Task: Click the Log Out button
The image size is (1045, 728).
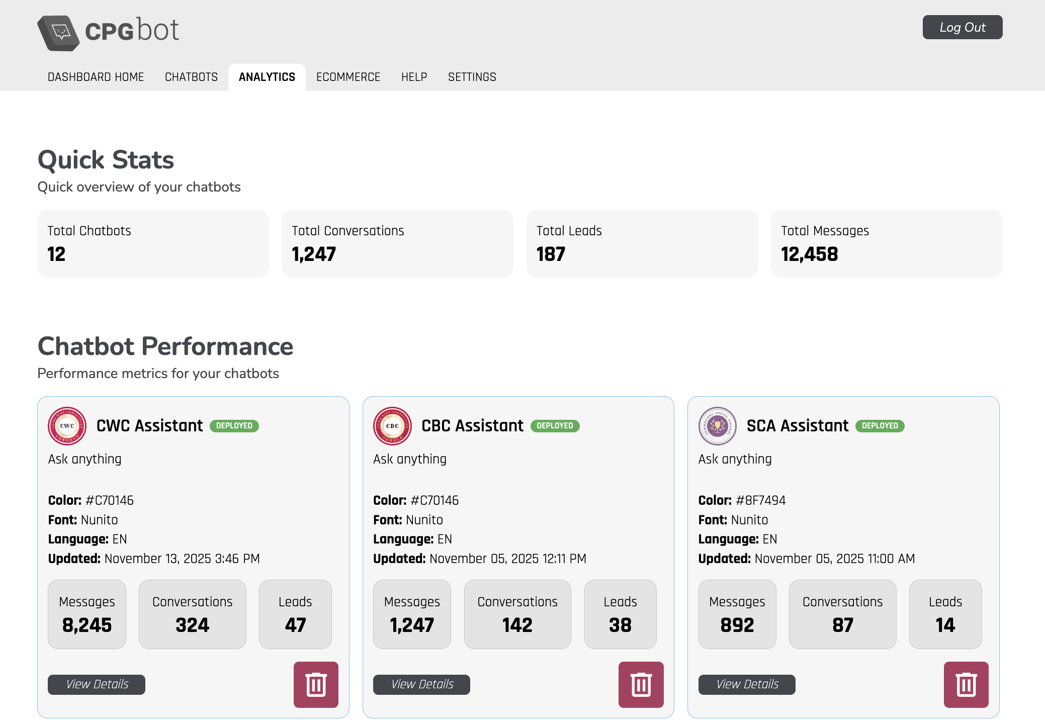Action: point(962,27)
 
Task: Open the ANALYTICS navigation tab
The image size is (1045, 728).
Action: point(267,77)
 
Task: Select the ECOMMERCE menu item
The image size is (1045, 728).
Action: point(348,77)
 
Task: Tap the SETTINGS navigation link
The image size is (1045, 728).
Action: point(472,77)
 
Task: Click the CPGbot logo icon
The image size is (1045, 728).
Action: point(58,33)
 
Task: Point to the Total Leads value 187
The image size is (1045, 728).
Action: point(551,254)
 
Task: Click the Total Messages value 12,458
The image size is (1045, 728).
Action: point(809,254)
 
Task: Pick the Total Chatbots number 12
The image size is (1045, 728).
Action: point(56,254)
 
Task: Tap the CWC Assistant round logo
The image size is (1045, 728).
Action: point(67,426)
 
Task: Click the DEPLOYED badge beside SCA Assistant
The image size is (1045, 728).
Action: point(880,426)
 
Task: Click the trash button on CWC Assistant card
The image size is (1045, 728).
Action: point(316,684)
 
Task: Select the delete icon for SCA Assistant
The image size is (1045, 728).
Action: point(966,684)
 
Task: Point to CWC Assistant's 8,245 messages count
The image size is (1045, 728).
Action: point(87,625)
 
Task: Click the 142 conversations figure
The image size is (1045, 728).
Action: point(517,625)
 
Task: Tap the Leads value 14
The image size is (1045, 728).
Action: point(945,625)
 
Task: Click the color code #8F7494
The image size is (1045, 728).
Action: point(760,500)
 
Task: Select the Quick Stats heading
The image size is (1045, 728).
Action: point(106,160)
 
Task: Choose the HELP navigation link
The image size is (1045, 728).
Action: point(414,77)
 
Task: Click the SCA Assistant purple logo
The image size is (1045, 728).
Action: point(717,426)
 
